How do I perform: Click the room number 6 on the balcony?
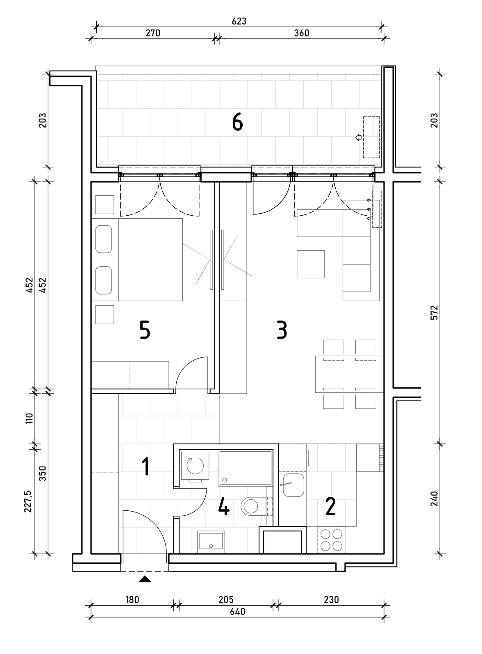[237, 122]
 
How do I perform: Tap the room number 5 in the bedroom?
[145, 330]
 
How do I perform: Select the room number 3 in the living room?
[282, 330]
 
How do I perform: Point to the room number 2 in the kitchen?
[331, 506]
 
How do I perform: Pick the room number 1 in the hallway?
[146, 466]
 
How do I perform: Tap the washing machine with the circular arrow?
[195, 466]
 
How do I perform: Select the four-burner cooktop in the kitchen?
[331, 540]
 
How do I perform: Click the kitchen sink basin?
[293, 485]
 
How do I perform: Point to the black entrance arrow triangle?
[145, 579]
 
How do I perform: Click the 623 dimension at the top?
[239, 21]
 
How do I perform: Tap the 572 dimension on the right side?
[434, 313]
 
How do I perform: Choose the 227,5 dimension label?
[28, 501]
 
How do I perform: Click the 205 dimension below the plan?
[226, 599]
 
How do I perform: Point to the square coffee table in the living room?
[311, 264]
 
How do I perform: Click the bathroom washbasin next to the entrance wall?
[211, 541]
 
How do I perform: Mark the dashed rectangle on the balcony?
[371, 137]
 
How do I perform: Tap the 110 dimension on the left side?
[30, 418]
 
